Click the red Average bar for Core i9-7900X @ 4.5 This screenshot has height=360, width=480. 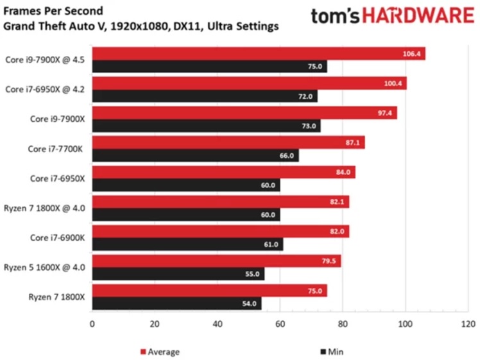pyautogui.click(x=257, y=54)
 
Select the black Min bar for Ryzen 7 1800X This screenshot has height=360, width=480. pyautogui.click(x=176, y=304)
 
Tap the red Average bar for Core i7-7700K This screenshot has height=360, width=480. pyautogui.click(x=228, y=142)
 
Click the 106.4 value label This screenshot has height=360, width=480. pyautogui.click(x=410, y=54)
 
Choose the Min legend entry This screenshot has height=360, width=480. pyautogui.click(x=334, y=352)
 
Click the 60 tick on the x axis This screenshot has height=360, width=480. pyautogui.click(x=280, y=325)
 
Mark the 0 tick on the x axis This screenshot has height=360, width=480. pyautogui.click(x=92, y=325)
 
